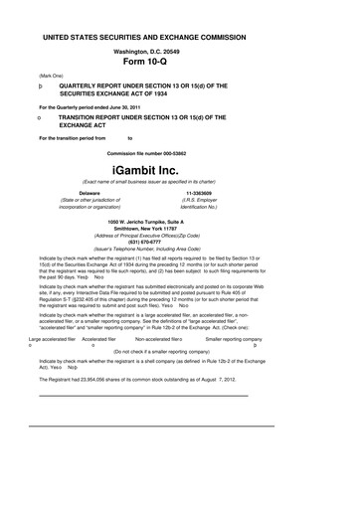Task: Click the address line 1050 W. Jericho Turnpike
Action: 179,220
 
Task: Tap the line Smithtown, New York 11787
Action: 179,227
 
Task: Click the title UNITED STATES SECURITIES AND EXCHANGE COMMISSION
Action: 179,34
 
